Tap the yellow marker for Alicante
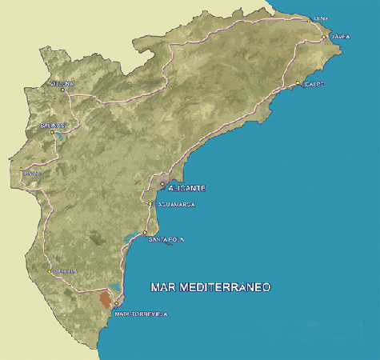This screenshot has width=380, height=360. [x=162, y=184]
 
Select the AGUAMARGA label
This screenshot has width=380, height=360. [x=173, y=205]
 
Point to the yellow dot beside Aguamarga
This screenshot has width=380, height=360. [x=150, y=204]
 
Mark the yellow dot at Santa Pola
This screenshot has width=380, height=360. [x=145, y=233]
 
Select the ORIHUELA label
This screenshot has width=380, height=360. [x=66, y=271]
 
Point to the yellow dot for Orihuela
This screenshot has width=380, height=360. [x=50, y=271]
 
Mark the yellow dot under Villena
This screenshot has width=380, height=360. [x=62, y=90]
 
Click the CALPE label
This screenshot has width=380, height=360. [x=313, y=83]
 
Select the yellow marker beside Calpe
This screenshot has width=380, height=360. [x=298, y=83]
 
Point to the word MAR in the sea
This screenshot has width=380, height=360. [x=165, y=286]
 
